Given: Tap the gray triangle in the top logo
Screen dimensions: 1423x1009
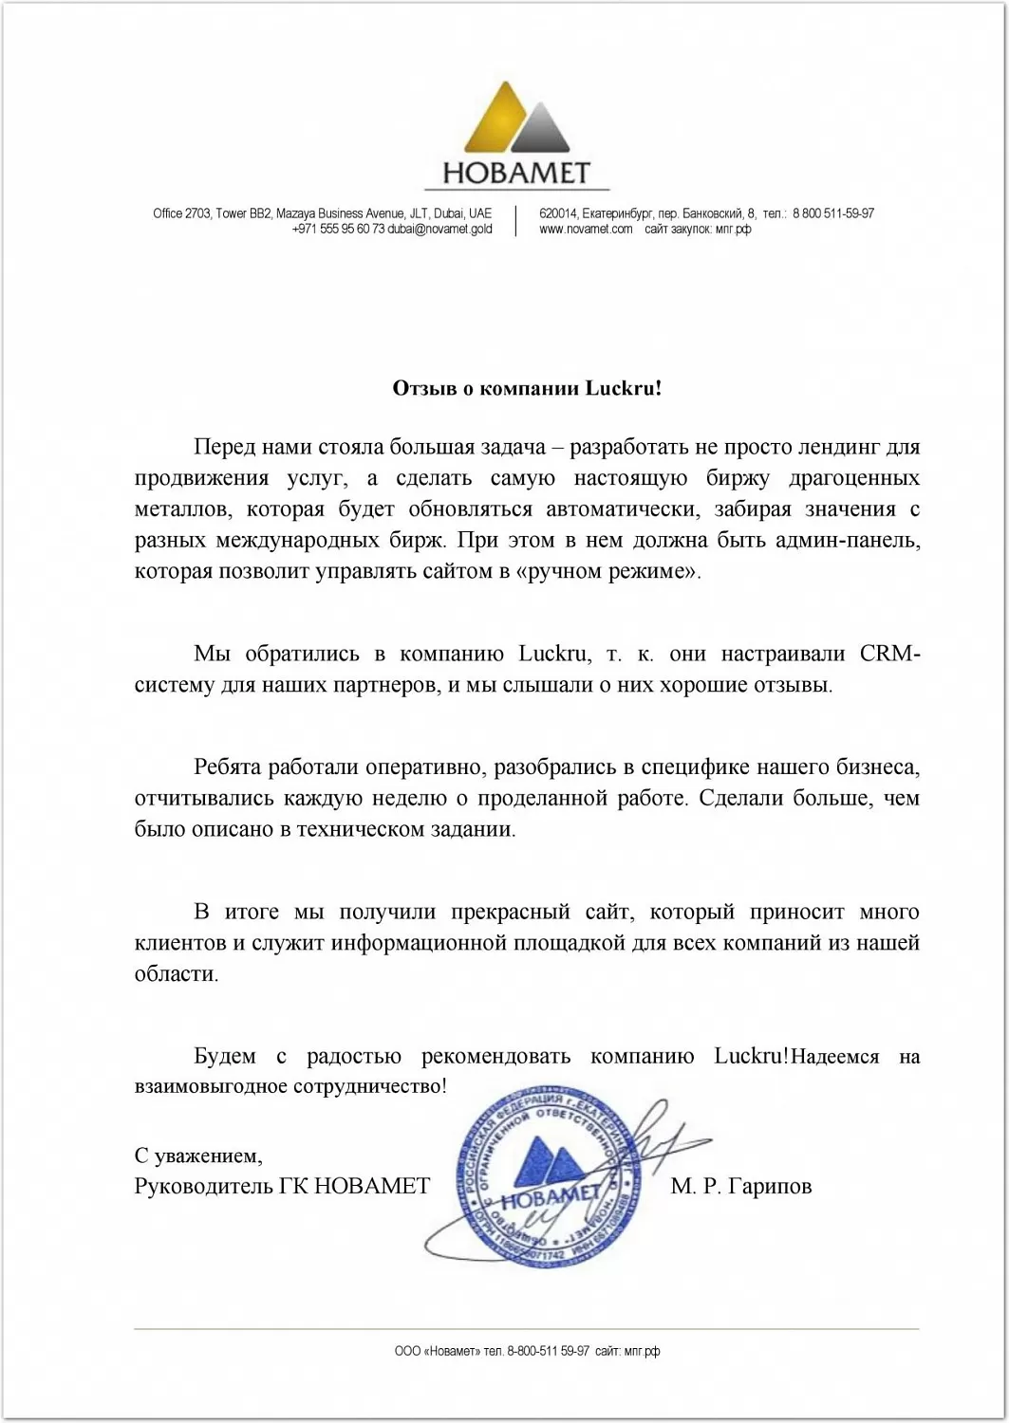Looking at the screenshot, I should tap(542, 130).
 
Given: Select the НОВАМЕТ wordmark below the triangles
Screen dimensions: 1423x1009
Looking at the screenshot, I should tap(515, 174).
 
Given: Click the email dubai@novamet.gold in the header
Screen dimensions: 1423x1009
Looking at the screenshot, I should tap(439, 229).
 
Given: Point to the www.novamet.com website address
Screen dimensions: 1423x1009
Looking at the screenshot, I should tap(586, 229).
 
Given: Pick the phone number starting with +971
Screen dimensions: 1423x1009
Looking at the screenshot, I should tap(338, 229).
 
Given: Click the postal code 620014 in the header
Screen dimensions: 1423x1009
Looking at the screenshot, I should tap(558, 213).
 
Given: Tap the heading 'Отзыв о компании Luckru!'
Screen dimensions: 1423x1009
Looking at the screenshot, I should tap(527, 388).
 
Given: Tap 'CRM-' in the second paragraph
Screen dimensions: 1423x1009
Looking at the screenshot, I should tap(889, 654).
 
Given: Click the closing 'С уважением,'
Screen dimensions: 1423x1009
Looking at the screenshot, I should tap(198, 1155).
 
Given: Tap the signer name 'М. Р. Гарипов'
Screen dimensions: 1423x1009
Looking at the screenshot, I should tap(740, 1186).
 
